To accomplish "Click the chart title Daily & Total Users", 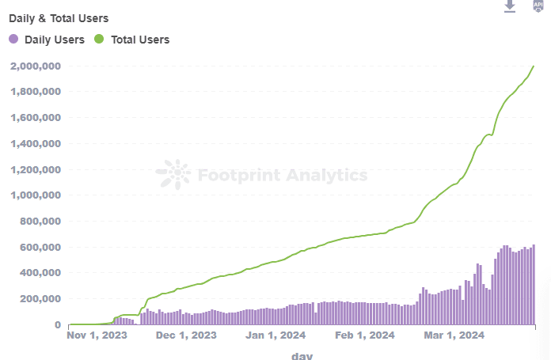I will [59, 17].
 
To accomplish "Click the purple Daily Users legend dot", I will [13, 39].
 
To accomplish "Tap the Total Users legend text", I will [140, 39].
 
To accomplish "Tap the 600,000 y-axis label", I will [40, 247].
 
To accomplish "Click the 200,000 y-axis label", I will [40, 299].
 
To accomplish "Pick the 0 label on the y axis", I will [58, 324].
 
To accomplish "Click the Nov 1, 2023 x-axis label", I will [97, 335].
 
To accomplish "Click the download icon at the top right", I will [511, 6].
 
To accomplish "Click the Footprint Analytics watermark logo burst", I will [173, 175].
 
